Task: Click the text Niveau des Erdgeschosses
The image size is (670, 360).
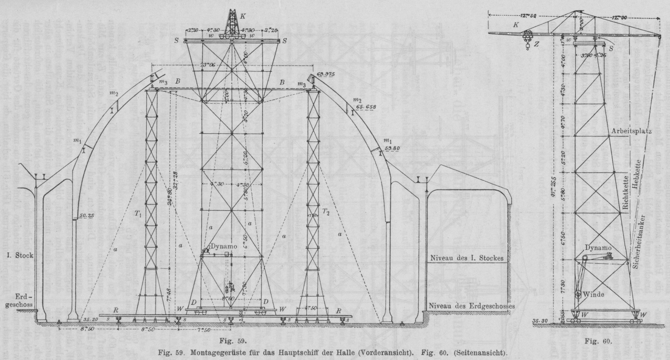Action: pyautogui.click(x=471, y=306)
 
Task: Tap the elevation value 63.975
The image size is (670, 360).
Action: pyautogui.click(x=330, y=74)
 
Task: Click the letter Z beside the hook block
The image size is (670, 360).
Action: pyautogui.click(x=535, y=44)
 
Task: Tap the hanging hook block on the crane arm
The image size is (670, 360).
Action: pyautogui.click(x=526, y=40)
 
